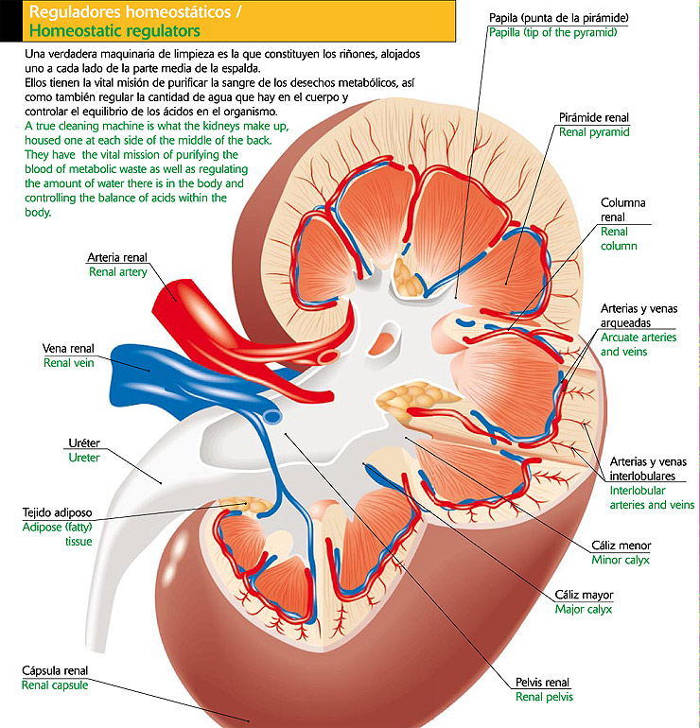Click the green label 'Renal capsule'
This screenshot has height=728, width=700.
click(x=55, y=685)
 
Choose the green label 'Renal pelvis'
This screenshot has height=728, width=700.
click(x=544, y=697)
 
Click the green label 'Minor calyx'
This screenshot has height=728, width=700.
click(x=621, y=560)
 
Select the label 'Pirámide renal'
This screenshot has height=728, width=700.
click(x=593, y=117)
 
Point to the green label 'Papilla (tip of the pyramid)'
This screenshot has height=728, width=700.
click(x=552, y=32)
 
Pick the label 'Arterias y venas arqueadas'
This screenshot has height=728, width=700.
click(x=639, y=316)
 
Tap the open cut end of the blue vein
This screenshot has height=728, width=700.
click(x=272, y=415)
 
